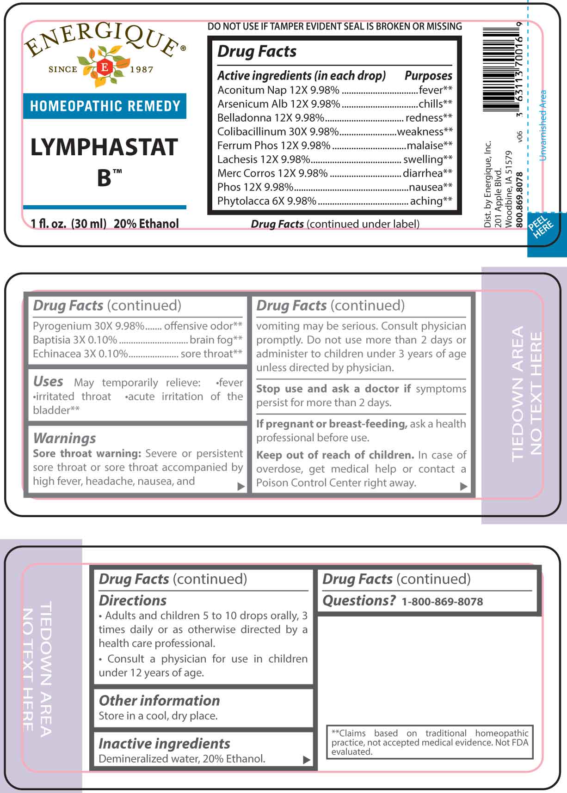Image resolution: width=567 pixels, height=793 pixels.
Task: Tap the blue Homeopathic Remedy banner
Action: click(x=105, y=106)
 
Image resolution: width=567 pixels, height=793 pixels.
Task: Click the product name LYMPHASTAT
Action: click(x=104, y=147)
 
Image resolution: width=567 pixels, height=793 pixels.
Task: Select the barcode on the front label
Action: click(x=501, y=69)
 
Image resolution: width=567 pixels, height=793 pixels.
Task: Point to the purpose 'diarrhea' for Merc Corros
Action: click(x=423, y=173)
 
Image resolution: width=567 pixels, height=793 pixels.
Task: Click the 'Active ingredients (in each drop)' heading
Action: click(x=302, y=75)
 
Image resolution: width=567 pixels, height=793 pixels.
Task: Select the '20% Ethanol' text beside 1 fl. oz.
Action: click(x=146, y=224)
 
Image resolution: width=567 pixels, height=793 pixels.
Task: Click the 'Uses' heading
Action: click(x=48, y=381)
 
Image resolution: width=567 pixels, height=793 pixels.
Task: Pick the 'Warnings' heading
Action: click(x=65, y=438)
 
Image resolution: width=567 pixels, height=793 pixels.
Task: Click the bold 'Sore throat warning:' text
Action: click(x=87, y=453)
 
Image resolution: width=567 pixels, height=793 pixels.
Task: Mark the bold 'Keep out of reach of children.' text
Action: click(x=335, y=455)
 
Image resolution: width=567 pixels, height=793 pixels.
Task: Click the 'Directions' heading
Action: click(x=133, y=600)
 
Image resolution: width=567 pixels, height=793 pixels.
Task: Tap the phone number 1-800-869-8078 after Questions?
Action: click(x=442, y=601)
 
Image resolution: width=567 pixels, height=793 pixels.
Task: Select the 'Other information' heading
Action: click(x=160, y=700)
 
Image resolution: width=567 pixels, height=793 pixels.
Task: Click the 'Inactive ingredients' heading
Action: click(x=164, y=743)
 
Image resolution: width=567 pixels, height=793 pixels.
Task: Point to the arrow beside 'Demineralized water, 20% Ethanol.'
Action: click(x=306, y=760)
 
